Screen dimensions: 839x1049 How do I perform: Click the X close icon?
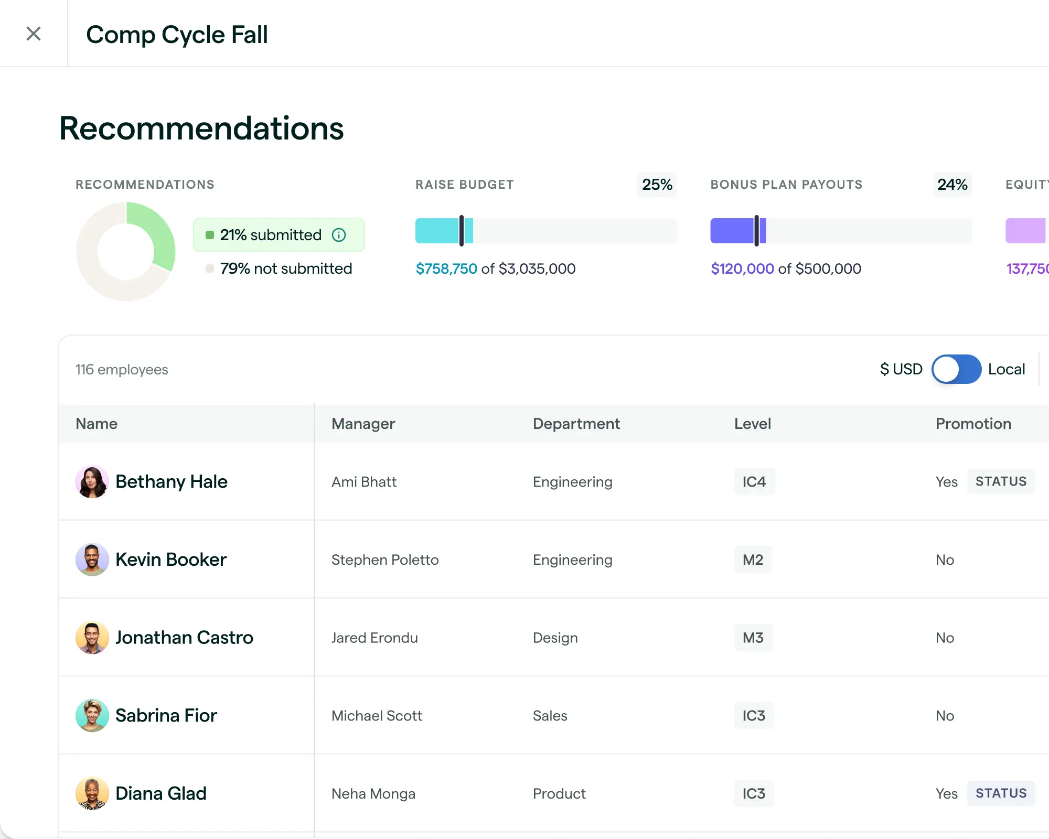pyautogui.click(x=34, y=34)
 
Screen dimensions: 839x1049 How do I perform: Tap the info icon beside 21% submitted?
pyautogui.click(x=339, y=235)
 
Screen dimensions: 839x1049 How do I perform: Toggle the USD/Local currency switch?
pyautogui.click(x=956, y=369)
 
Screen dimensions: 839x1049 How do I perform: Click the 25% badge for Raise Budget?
pyautogui.click(x=657, y=185)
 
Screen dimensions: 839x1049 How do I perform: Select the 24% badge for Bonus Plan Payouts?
pyautogui.click(x=952, y=185)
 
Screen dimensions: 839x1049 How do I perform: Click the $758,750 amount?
pyautogui.click(x=446, y=269)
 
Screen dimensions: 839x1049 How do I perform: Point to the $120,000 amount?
pyautogui.click(x=742, y=269)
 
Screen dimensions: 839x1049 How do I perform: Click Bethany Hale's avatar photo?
pyautogui.click(x=92, y=481)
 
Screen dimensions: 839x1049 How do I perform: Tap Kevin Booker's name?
pyautogui.click(x=171, y=560)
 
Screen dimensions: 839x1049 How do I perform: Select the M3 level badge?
pyautogui.click(x=753, y=638)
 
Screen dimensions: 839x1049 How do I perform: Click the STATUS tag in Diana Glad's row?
pyautogui.click(x=1001, y=793)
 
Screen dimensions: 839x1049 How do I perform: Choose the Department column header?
pyautogui.click(x=576, y=424)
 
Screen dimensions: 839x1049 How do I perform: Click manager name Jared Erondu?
pyautogui.click(x=374, y=638)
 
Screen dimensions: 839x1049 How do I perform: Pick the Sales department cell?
pyautogui.click(x=550, y=716)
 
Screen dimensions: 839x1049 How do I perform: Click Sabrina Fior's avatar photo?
pyautogui.click(x=92, y=715)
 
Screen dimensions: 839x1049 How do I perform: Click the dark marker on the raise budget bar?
pyautogui.click(x=462, y=231)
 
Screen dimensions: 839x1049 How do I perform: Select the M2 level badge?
pyautogui.click(x=753, y=560)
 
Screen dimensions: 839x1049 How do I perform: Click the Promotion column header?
pyautogui.click(x=973, y=424)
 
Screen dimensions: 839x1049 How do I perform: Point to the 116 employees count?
pyautogui.click(x=122, y=370)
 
